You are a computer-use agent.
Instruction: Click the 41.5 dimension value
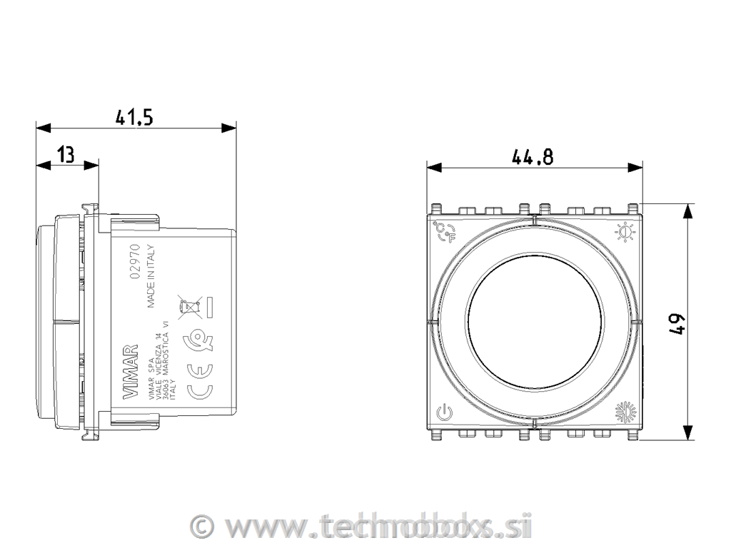[x=135, y=116]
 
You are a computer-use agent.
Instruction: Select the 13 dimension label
[x=66, y=154]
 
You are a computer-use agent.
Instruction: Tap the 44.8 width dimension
[x=533, y=157]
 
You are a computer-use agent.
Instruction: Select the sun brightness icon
[x=625, y=232]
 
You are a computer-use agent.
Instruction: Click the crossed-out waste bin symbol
[x=189, y=308]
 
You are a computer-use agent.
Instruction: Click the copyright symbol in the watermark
[x=204, y=527]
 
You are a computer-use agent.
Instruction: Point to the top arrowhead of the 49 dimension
[x=687, y=210]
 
